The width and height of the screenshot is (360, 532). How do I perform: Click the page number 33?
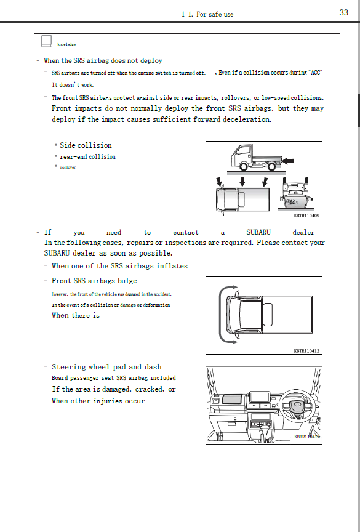pyautogui.click(x=343, y=13)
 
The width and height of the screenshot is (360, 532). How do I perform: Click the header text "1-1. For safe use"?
pyautogui.click(x=207, y=14)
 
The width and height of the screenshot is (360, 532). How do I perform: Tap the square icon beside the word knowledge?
pyautogui.click(x=46, y=41)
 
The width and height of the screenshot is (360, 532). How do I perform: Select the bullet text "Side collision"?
pyautogui.click(x=86, y=145)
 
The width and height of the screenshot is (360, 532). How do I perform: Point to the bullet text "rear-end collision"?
pyautogui.click(x=87, y=157)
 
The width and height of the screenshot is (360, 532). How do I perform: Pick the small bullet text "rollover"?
pyautogui.click(x=68, y=167)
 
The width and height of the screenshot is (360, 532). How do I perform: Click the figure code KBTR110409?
pyautogui.click(x=308, y=216)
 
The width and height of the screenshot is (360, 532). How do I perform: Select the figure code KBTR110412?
pyautogui.click(x=306, y=351)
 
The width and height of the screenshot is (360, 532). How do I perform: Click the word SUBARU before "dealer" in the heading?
pyautogui.click(x=258, y=233)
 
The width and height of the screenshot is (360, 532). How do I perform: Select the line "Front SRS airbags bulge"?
pyautogui.click(x=94, y=281)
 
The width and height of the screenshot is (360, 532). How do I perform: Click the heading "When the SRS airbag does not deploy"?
pyautogui.click(x=103, y=61)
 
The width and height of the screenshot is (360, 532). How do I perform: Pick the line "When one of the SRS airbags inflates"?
pyautogui.click(x=119, y=266)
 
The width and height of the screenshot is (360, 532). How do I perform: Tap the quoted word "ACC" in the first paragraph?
pyautogui.click(x=315, y=73)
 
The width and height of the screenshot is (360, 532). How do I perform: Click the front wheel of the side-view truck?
pyautogui.click(x=245, y=166)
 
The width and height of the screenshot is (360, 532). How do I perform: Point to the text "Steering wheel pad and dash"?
pyautogui.click(x=106, y=367)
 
